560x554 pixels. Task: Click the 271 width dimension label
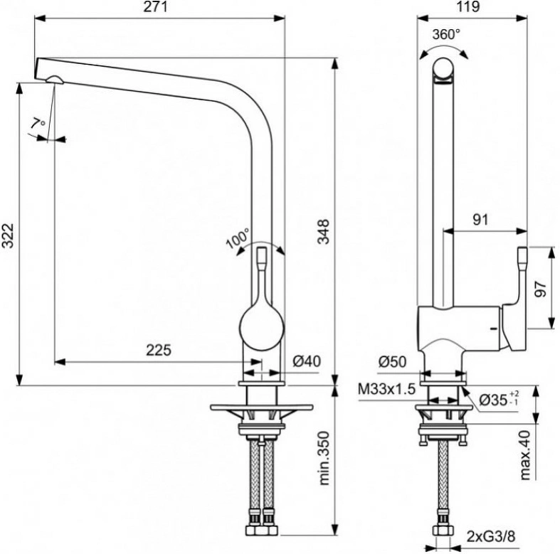point(155,7)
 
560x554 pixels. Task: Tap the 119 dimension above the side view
point(468,7)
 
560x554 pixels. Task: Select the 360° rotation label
point(446,34)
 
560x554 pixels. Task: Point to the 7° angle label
point(38,124)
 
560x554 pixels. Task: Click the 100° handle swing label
point(238,239)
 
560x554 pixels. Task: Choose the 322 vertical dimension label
point(8,235)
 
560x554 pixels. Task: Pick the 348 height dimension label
point(324,232)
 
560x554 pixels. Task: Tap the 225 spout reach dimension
point(159,350)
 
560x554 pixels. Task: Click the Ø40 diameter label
point(307,361)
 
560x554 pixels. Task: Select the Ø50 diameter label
point(393,362)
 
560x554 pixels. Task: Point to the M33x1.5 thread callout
point(387,389)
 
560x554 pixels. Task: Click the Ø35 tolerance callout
point(499,400)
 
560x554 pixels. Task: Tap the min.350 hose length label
point(324,458)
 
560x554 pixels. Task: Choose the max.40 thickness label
point(525,454)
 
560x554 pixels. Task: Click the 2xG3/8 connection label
point(491,536)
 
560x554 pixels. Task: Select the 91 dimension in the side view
point(480,220)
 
